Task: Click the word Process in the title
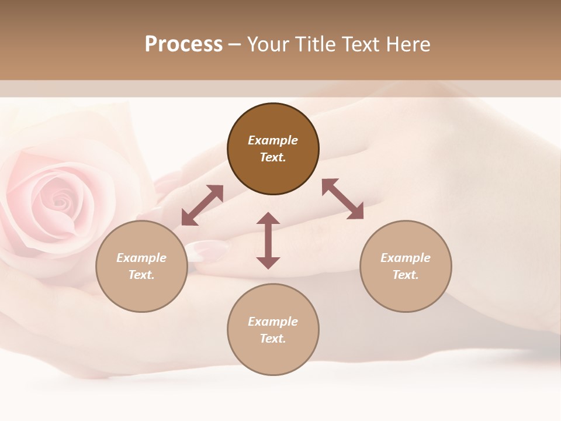[x=183, y=44]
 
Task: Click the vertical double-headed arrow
[x=268, y=240]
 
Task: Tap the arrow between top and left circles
[x=202, y=205]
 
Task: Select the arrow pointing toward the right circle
[x=343, y=199]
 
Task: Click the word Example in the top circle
[x=273, y=140]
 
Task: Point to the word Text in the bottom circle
[x=273, y=339]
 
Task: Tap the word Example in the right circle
[x=406, y=258]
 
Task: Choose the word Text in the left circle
[x=141, y=275]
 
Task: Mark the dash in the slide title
[x=235, y=44]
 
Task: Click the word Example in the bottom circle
[x=273, y=322]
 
